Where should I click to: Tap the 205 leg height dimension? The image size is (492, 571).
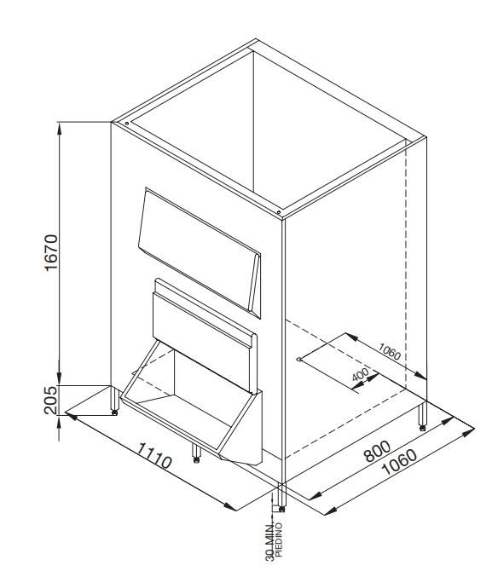50,400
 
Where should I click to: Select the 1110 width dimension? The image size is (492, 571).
154,456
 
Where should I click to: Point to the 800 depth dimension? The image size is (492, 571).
377,451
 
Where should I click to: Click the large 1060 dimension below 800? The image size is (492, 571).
398,462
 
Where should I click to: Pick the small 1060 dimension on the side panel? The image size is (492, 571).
389,351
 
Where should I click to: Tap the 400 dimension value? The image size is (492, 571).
361,374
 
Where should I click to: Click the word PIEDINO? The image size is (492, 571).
280,542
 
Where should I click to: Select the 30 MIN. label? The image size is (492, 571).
270,544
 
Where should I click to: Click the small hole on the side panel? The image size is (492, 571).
299,360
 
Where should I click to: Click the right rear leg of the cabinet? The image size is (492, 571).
422,416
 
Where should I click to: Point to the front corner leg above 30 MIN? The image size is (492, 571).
282,497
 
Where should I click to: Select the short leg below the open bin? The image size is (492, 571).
196,453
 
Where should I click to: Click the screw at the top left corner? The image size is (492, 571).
126,124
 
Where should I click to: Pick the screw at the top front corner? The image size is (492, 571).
279,212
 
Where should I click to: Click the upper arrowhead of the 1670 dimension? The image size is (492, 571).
60,128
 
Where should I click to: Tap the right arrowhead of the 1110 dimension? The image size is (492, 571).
231,507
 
